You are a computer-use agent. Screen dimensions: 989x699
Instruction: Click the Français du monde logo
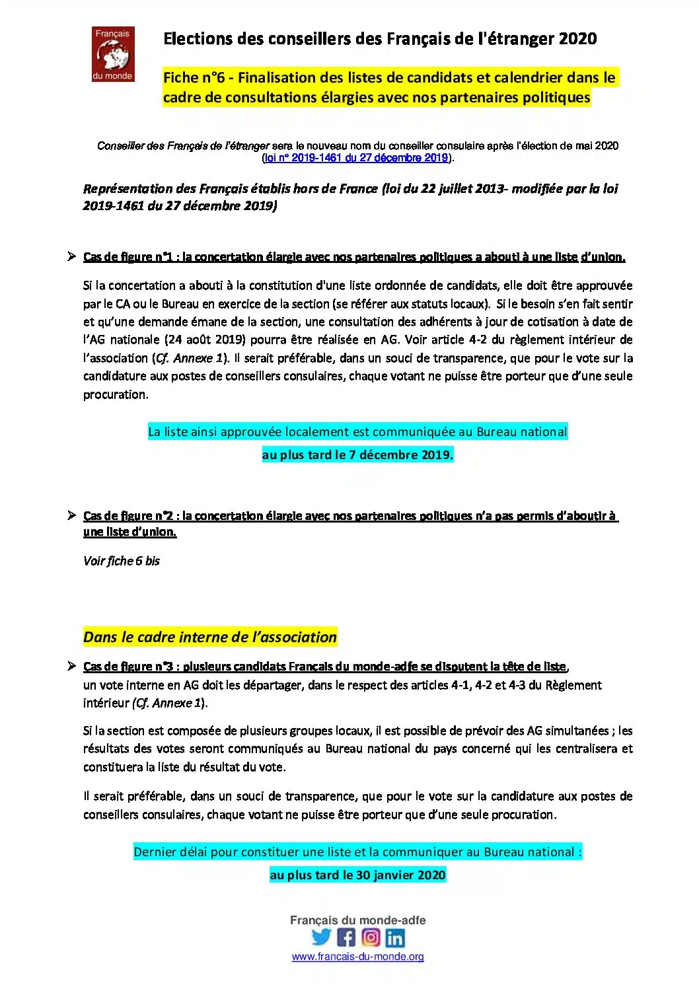[x=112, y=54]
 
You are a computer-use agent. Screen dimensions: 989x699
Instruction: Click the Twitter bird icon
[x=321, y=937]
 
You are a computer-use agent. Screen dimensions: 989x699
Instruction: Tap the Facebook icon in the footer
[x=346, y=937]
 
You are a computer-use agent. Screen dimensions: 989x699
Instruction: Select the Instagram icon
[x=371, y=937]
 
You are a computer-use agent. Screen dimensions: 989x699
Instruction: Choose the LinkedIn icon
[x=395, y=937]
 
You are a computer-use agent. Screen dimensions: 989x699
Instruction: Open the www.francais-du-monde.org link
[x=357, y=956]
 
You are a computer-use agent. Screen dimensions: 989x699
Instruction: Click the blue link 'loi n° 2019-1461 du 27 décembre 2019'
[x=356, y=158]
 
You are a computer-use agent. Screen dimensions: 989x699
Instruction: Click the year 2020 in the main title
[x=577, y=39]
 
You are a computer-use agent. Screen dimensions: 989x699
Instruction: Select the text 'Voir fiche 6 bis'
[x=122, y=561]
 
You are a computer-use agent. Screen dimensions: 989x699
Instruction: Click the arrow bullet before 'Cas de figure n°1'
[x=72, y=256]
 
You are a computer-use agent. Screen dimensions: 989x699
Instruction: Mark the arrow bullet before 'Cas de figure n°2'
[x=72, y=515]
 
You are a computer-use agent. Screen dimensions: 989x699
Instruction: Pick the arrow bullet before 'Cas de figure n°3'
[x=72, y=666]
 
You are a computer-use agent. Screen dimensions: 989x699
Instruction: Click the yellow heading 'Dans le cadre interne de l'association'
[x=210, y=637]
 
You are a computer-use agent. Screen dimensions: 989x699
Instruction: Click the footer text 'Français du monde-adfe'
[x=357, y=920]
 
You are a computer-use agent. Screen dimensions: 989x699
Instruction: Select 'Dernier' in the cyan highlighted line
[x=155, y=852]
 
